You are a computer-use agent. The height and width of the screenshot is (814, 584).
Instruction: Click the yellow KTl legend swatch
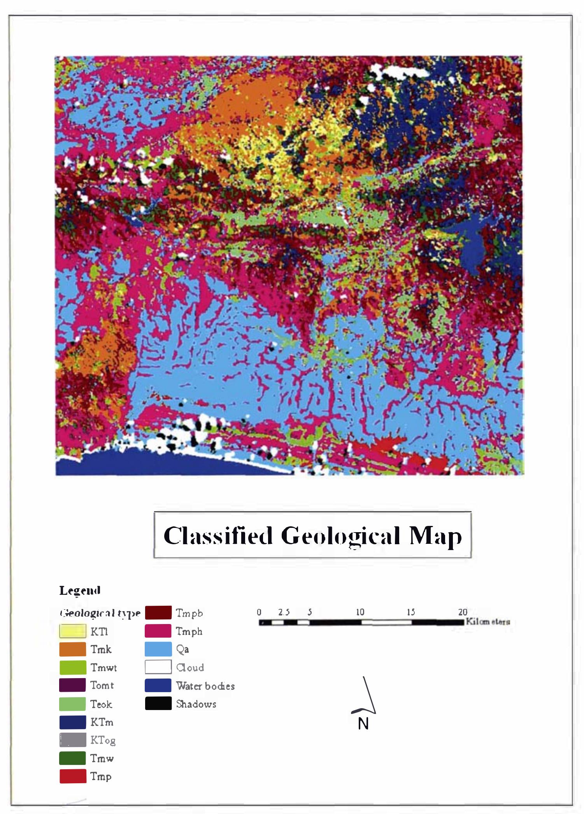[x=73, y=631]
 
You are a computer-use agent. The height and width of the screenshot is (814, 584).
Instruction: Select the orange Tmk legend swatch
[x=73, y=649]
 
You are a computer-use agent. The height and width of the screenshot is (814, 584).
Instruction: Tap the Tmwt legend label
[x=103, y=668]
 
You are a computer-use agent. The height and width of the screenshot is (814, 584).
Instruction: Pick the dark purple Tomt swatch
[x=73, y=685]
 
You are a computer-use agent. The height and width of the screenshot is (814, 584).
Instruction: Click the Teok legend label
[x=101, y=704]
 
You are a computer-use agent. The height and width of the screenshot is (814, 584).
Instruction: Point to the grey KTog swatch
[x=73, y=740]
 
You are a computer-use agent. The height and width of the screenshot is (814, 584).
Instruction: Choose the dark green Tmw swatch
[x=73, y=758]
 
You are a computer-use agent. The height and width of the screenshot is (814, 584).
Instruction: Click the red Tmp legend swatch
[x=73, y=776]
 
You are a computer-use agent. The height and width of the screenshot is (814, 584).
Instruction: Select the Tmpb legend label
[x=189, y=613]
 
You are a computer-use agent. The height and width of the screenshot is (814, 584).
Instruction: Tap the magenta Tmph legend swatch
[x=158, y=631]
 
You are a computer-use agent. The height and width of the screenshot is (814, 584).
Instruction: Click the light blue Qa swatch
[x=158, y=649]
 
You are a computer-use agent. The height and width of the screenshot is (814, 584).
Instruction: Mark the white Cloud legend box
[x=158, y=667]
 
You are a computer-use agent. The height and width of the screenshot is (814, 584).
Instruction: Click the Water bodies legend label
[x=205, y=686]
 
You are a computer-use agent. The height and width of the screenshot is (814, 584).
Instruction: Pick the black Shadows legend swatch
[x=158, y=703]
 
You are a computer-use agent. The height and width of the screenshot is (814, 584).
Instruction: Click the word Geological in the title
[x=340, y=536]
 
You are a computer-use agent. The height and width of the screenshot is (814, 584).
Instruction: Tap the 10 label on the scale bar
[x=360, y=612]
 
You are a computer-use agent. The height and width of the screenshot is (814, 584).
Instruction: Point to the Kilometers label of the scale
[x=488, y=621]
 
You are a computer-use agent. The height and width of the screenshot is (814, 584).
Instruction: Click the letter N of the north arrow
[x=363, y=724]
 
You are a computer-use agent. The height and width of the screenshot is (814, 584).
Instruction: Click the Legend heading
[x=80, y=590]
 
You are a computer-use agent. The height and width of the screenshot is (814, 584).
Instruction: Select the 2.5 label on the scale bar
[x=284, y=612]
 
